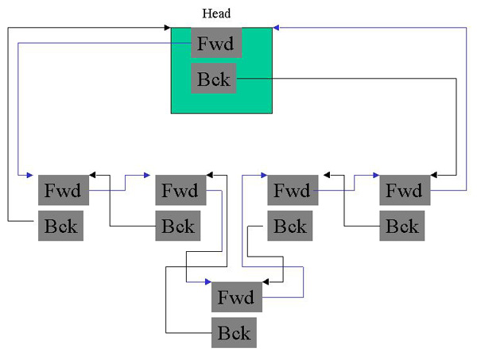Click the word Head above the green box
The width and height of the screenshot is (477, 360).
tap(217, 14)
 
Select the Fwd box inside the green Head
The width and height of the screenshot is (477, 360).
tap(216, 43)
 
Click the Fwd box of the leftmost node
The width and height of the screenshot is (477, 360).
tap(63, 191)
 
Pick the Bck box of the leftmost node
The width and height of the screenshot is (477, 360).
tap(61, 226)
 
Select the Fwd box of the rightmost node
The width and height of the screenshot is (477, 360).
tap(405, 191)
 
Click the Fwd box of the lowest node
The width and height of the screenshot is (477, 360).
tap(235, 298)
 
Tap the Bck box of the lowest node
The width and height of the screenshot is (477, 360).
tap(234, 332)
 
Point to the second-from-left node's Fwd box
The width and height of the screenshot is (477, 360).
tap(180, 191)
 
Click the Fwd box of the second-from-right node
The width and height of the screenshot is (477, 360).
tap(292, 191)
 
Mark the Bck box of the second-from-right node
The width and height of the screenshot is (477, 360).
tap(290, 226)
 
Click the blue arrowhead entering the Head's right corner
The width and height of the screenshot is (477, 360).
tap(277, 28)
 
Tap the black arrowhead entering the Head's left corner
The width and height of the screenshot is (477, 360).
tap(167, 28)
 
